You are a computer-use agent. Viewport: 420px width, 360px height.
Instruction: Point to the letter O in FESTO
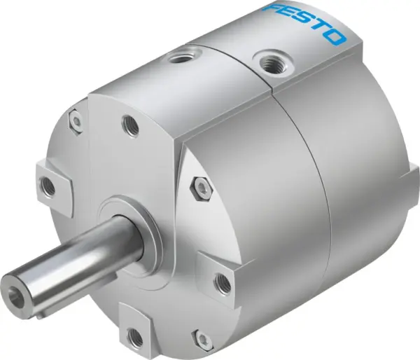336,36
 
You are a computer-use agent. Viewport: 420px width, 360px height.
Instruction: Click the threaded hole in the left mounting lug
47,184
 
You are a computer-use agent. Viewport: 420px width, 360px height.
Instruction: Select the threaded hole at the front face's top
130,126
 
